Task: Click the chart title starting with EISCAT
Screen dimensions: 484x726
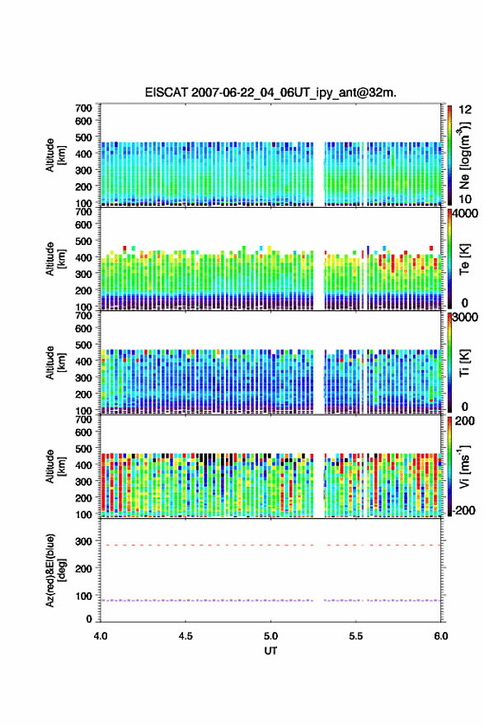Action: (270, 92)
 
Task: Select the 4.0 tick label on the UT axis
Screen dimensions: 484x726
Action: (101, 636)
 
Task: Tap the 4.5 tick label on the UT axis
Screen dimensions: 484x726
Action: (186, 636)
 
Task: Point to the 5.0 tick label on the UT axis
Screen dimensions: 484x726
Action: (270, 636)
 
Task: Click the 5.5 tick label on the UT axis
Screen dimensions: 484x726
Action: (356, 636)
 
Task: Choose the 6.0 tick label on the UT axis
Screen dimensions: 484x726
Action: (441, 636)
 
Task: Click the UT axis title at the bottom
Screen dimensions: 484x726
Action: (270, 651)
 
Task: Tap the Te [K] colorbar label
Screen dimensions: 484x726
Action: (464, 259)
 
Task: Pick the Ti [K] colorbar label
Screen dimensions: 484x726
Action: (464, 362)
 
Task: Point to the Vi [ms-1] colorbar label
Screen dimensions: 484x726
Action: (464, 466)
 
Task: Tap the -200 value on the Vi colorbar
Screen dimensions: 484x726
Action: (463, 511)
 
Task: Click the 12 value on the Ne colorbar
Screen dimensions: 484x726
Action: (466, 110)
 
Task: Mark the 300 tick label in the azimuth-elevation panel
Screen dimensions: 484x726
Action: (84, 541)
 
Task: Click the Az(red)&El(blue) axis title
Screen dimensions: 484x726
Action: (55, 570)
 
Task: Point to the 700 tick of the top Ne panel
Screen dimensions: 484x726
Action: (84, 108)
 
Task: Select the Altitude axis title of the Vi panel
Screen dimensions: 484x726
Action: (55, 466)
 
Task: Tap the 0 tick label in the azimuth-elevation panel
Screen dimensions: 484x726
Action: (89, 619)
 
